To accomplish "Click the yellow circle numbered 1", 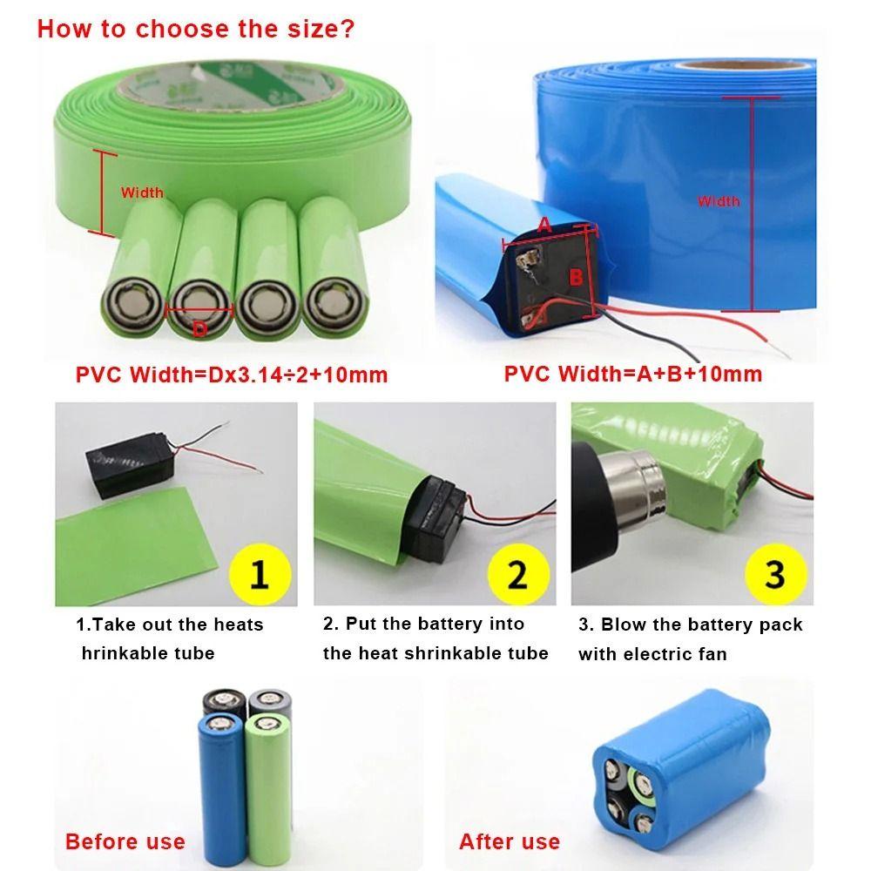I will [x=259, y=575].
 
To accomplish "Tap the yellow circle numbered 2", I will [x=517, y=575].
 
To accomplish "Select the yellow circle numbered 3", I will [x=775, y=575].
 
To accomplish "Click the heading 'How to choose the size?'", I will [x=195, y=29].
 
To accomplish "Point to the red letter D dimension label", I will [x=199, y=328].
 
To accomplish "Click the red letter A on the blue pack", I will [x=544, y=225].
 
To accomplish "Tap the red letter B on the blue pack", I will [x=576, y=277].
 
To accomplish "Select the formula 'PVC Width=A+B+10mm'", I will [x=633, y=375].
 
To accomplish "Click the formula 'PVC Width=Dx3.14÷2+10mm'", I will [x=232, y=375].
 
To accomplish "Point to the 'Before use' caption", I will [x=125, y=841].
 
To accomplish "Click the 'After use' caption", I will [x=510, y=841].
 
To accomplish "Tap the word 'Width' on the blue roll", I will [x=719, y=201].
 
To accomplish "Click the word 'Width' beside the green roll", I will [x=142, y=192].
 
